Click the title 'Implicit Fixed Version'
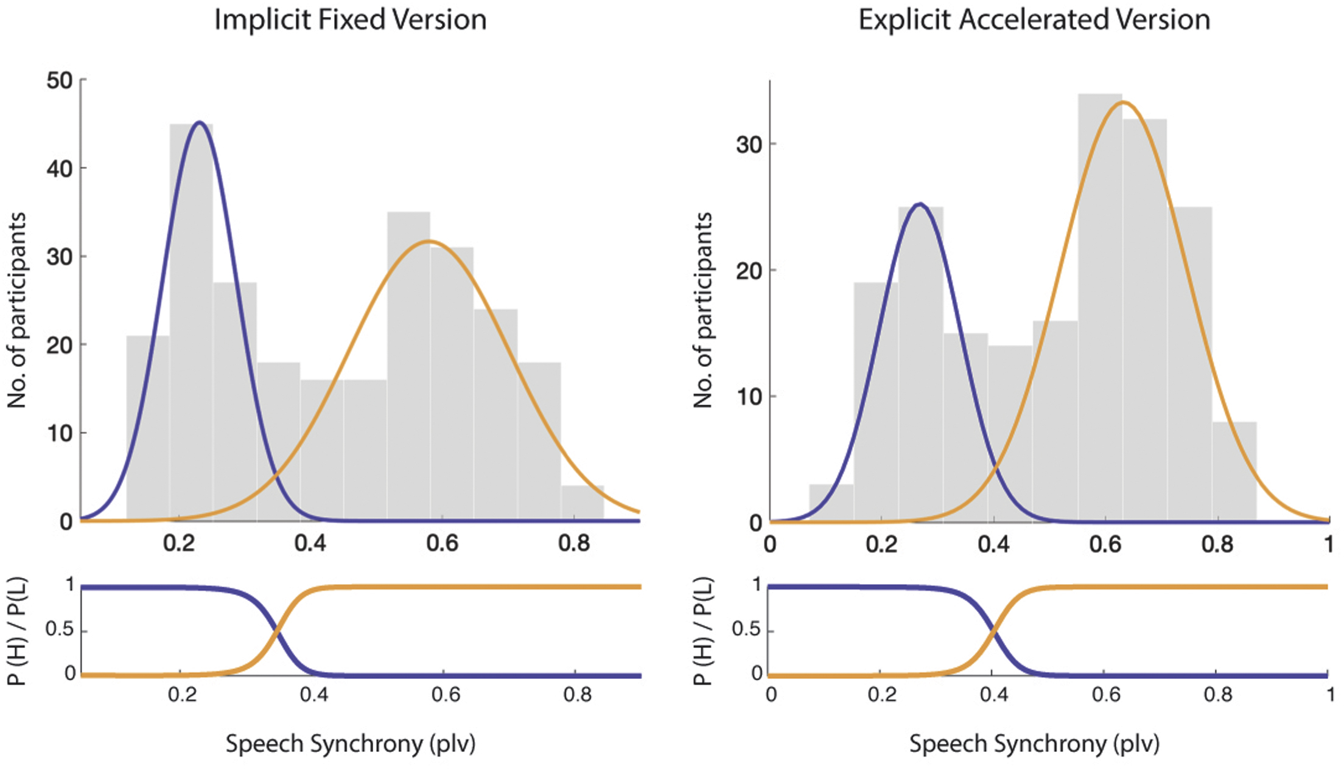tap(351, 20)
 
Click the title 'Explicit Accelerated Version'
tap(1034, 20)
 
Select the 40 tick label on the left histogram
tap(59, 169)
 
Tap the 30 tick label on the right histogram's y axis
tap(748, 145)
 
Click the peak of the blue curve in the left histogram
tap(199, 122)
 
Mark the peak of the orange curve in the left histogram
tap(429, 242)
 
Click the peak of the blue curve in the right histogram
tap(920, 204)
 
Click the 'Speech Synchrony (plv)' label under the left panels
tap(351, 743)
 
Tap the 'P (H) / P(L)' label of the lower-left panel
tap(17, 631)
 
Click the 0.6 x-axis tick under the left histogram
tap(442, 543)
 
